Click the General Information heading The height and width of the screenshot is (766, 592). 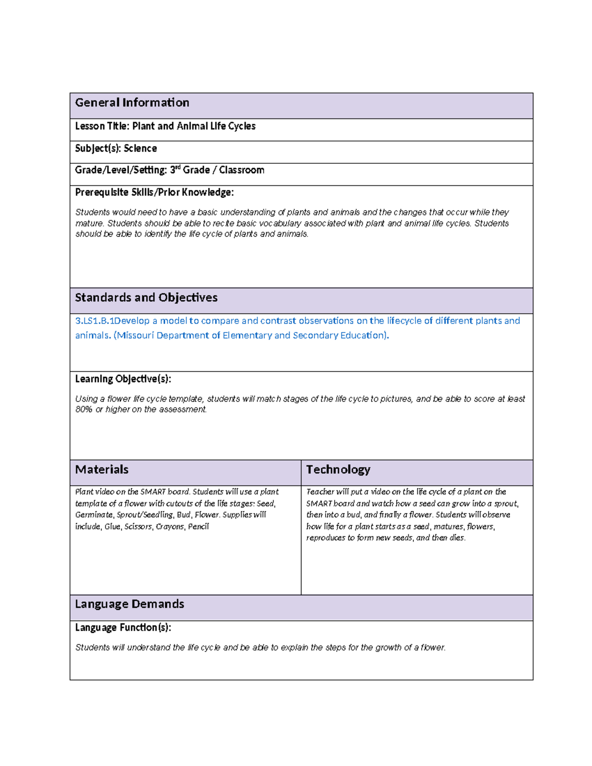click(x=132, y=103)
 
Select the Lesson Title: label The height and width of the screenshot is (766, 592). click(x=102, y=126)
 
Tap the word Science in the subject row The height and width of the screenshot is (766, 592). click(x=140, y=148)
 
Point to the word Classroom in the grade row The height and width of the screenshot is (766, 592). click(x=241, y=170)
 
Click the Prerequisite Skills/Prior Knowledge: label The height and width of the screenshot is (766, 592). click(x=154, y=192)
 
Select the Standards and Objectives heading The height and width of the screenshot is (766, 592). click(x=146, y=297)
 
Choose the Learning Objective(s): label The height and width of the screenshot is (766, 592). click(x=123, y=379)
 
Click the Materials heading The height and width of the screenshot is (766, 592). click(x=102, y=470)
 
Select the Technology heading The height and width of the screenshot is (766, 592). click(x=338, y=470)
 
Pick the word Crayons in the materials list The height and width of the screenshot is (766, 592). click(x=170, y=527)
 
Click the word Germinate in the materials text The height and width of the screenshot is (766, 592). click(x=94, y=515)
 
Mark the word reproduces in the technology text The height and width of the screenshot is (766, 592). click(x=326, y=538)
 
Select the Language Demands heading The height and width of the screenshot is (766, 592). click(x=129, y=604)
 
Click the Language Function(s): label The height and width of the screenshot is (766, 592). click(x=123, y=627)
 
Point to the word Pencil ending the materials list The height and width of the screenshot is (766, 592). click(x=198, y=527)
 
